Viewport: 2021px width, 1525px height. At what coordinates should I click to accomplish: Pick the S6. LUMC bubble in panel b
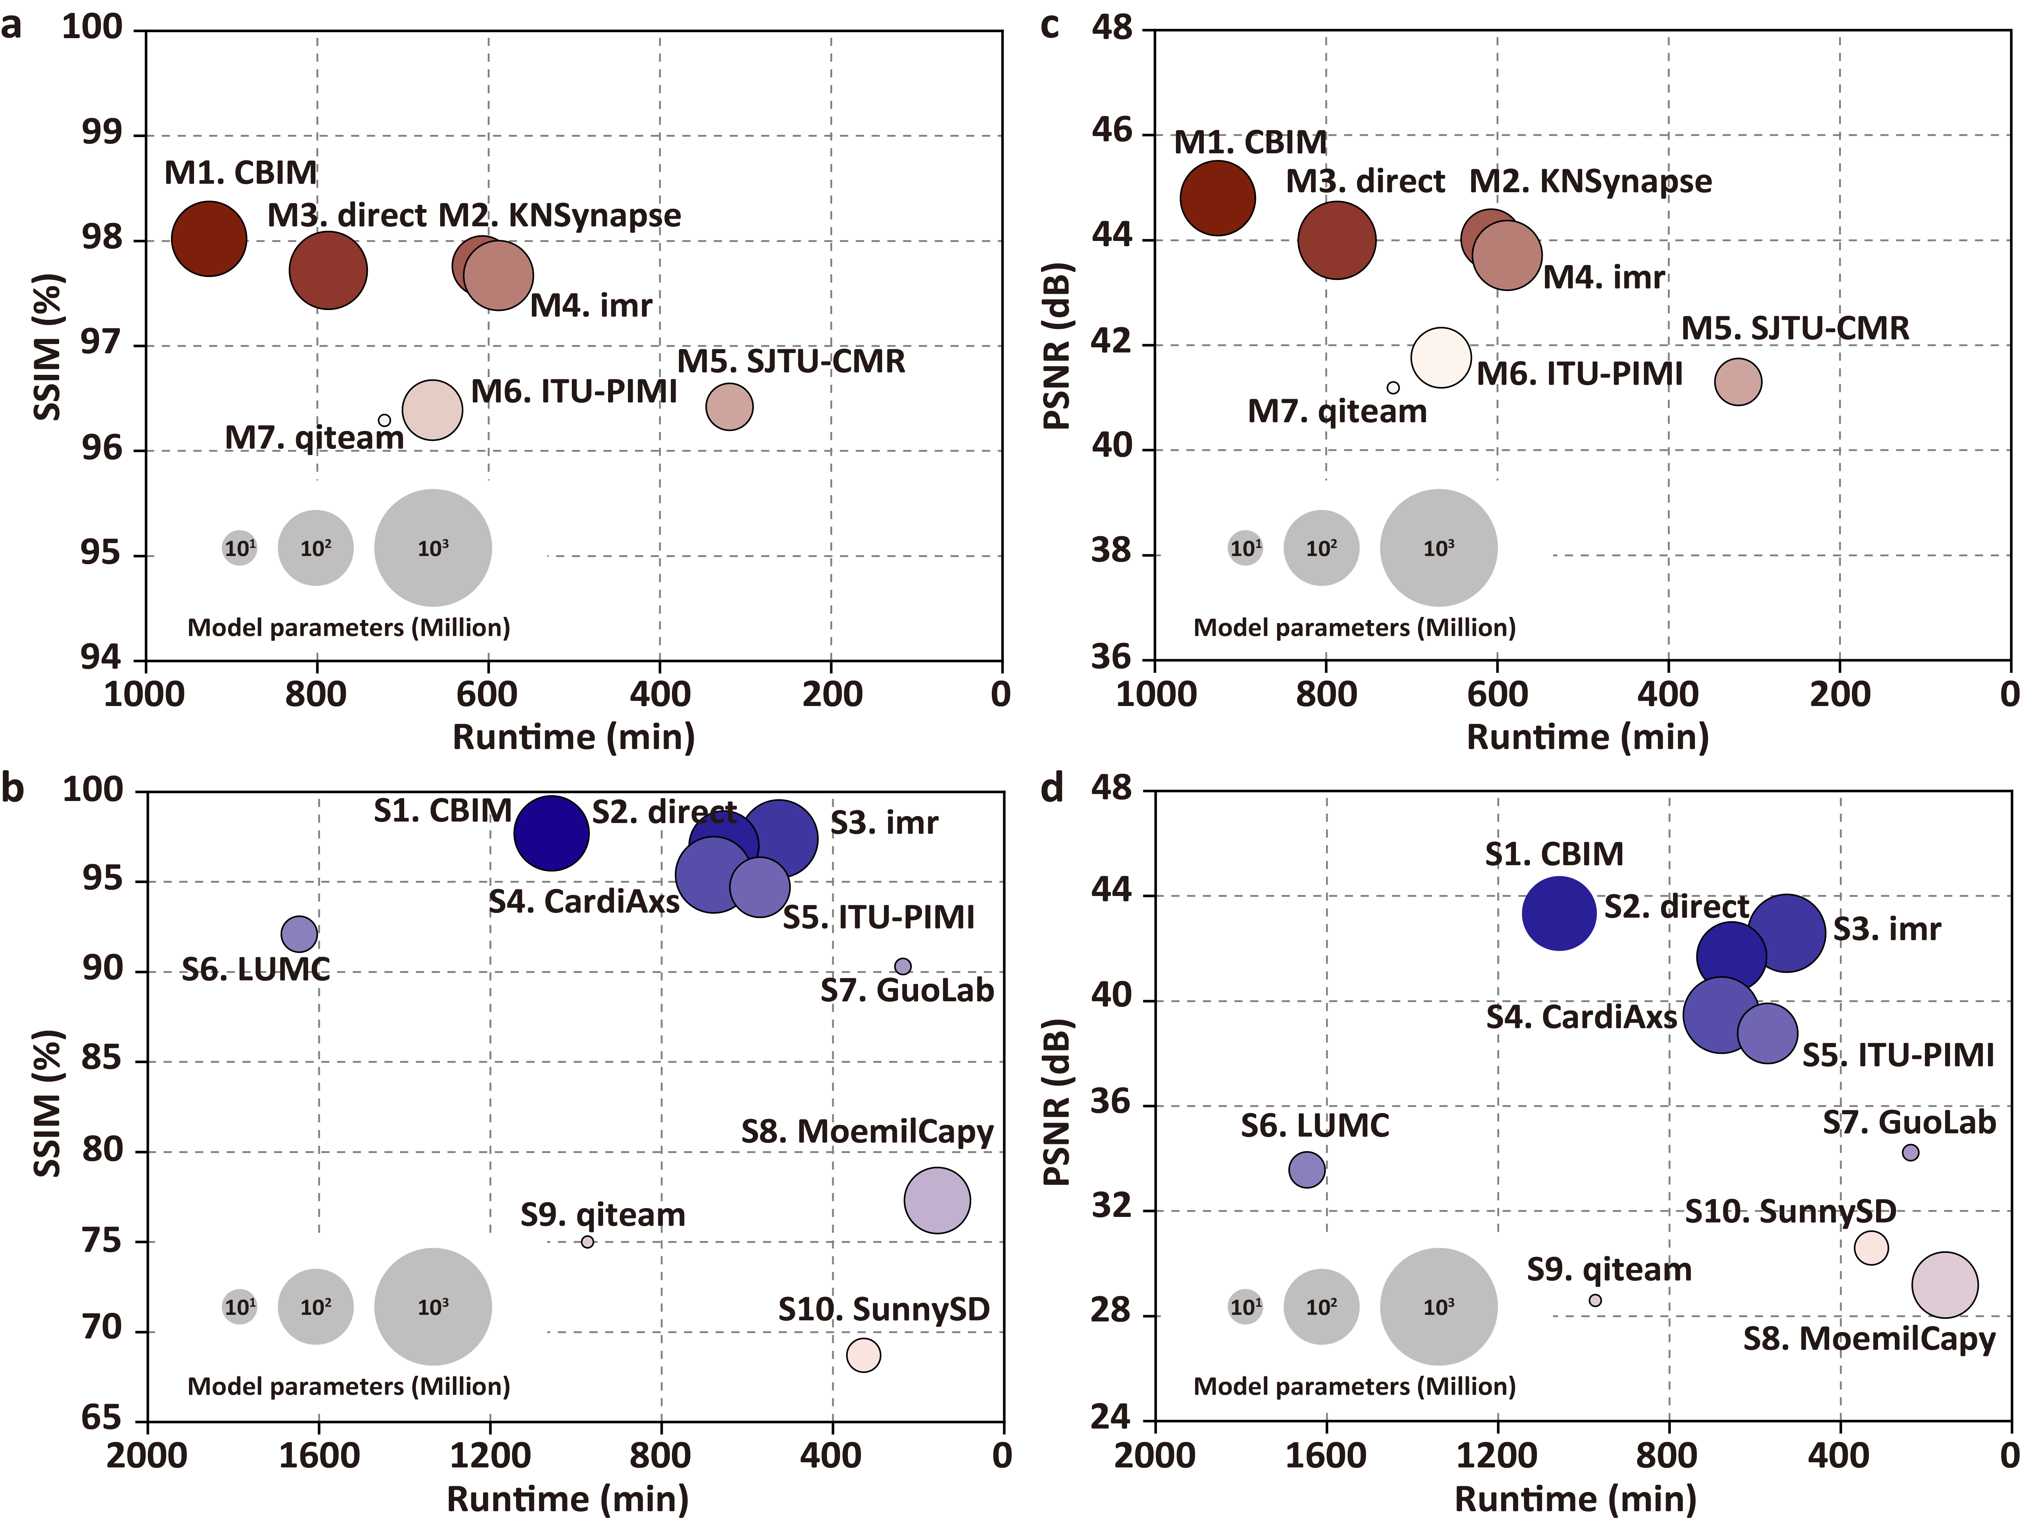(299, 934)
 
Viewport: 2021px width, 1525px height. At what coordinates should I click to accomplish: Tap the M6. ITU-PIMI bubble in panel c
(1441, 357)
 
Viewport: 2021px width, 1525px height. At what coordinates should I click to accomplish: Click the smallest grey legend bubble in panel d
(1245, 1307)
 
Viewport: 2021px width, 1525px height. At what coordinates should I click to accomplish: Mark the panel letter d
(1052, 788)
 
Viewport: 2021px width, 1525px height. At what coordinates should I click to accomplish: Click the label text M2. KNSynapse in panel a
(559, 216)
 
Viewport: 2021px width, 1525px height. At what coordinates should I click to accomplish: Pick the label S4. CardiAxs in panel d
(1580, 1017)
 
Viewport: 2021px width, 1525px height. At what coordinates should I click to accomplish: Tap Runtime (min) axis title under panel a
(574, 736)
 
